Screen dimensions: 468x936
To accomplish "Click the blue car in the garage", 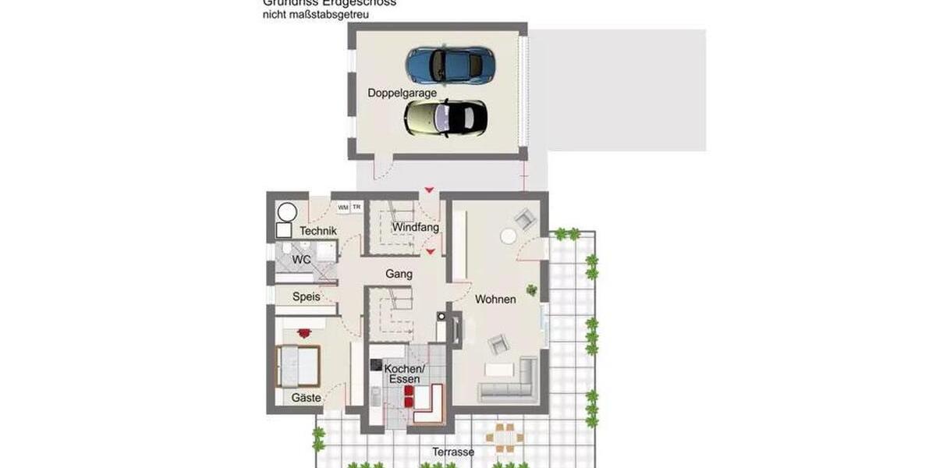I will click(451, 65).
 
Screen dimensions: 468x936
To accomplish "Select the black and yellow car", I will click(445, 118).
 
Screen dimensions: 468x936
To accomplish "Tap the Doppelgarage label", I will click(402, 93).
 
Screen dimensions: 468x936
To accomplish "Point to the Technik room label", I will click(318, 231).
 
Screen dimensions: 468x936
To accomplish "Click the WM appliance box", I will click(343, 207).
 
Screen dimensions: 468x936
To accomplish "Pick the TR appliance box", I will click(356, 207).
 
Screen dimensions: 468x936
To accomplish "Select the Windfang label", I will click(416, 227).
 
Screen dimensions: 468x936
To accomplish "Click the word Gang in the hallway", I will click(399, 274).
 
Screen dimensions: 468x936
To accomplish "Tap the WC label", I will click(302, 259).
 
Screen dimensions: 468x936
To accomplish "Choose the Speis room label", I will click(306, 296).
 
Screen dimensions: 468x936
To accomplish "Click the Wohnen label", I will click(495, 299).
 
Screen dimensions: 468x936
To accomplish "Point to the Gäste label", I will click(307, 398).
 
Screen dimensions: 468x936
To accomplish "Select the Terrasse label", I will click(454, 452).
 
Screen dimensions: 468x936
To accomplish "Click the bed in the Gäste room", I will click(299, 364).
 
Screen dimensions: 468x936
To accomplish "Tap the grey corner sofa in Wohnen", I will click(515, 385).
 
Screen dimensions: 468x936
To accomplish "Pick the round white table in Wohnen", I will click(509, 236).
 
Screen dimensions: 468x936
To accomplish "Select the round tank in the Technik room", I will click(288, 212).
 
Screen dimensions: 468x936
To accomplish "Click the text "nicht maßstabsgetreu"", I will click(316, 14).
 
